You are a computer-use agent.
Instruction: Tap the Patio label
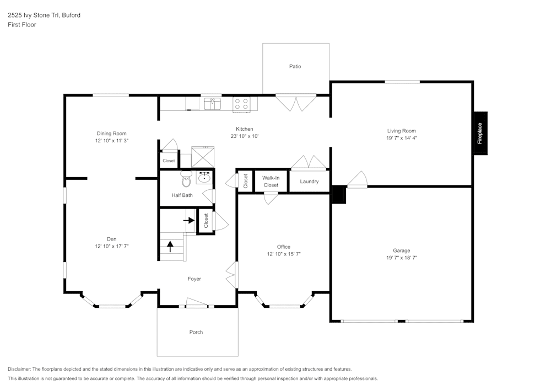295,66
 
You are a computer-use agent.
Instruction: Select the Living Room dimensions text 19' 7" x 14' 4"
402,138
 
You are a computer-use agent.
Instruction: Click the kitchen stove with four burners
241,104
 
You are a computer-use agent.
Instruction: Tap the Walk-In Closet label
271,181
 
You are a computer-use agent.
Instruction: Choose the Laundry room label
309,181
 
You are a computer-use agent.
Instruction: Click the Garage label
401,250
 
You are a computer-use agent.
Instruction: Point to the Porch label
196,332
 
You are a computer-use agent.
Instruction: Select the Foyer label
194,279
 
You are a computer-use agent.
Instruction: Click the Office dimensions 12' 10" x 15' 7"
284,254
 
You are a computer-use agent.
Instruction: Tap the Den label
111,239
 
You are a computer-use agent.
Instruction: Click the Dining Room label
112,133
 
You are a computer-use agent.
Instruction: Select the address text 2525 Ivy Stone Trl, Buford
44,15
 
